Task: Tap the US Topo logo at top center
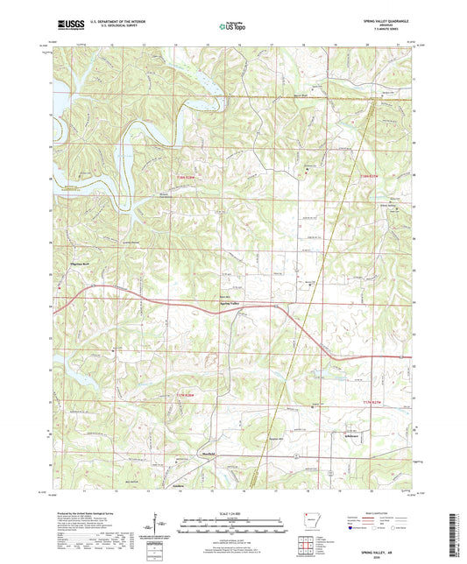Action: pos(231,26)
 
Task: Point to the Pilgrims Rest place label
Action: pos(70,262)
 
